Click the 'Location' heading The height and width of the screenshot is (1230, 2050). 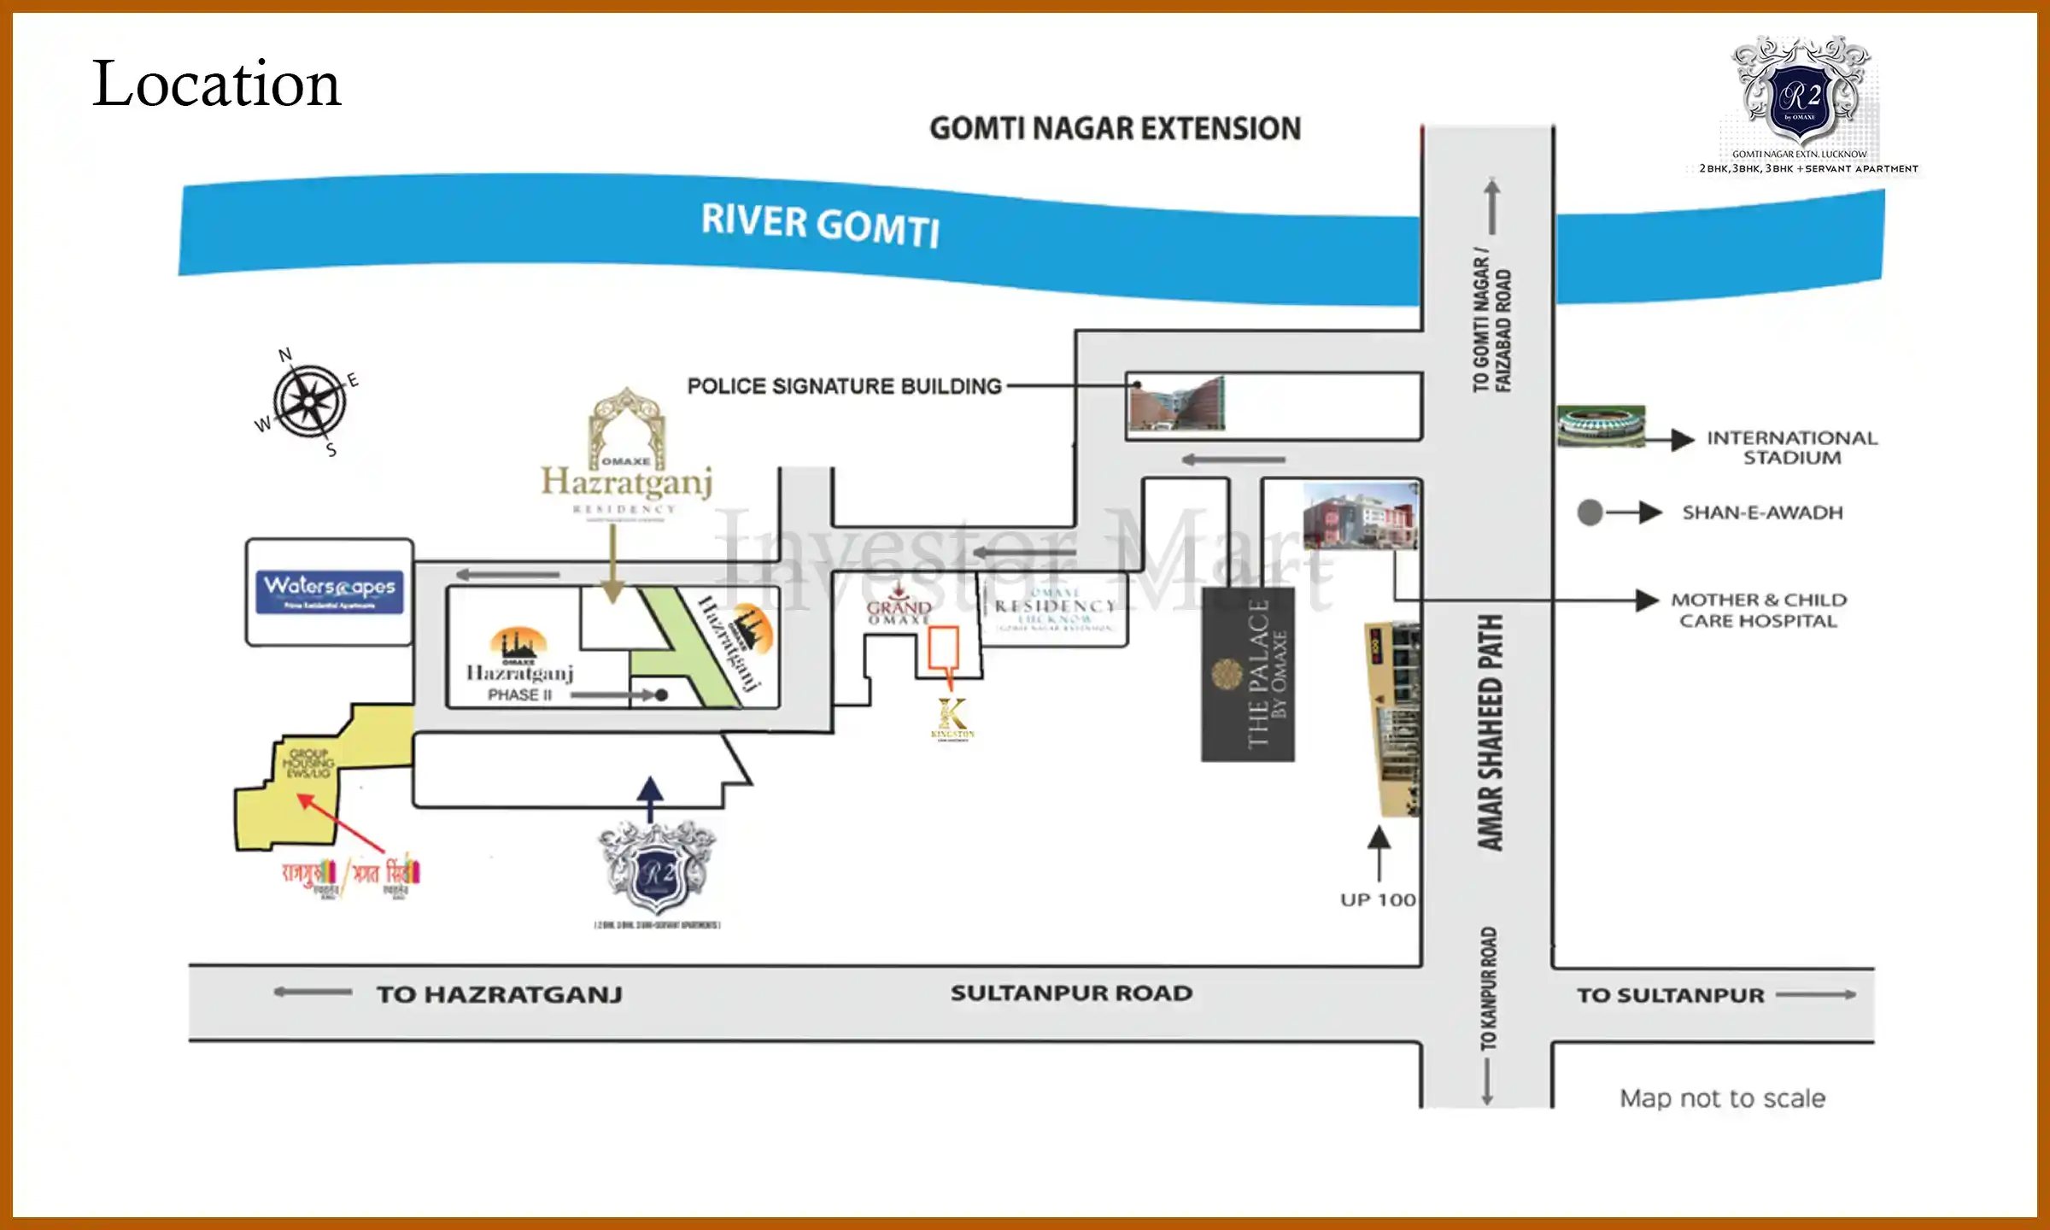217,84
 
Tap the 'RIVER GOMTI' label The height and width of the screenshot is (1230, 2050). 820,224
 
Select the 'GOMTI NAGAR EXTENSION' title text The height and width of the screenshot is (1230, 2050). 1115,129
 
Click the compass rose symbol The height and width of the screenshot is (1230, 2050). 308,401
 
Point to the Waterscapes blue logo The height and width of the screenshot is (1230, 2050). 329,591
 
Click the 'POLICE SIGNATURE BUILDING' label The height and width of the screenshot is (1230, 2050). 844,386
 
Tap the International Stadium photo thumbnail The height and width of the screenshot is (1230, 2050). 1600,425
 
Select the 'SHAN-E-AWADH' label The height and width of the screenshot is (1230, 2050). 1762,512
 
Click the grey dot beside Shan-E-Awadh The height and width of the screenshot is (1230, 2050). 1590,512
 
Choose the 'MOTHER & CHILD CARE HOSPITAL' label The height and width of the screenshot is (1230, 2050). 1758,610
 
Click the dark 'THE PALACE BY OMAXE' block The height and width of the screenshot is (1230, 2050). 1248,674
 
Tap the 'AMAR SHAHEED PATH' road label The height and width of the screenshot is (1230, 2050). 1490,732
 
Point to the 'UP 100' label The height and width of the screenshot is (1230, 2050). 1378,899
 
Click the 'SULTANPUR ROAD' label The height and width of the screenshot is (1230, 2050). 1071,993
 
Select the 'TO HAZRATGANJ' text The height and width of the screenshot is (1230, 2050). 500,994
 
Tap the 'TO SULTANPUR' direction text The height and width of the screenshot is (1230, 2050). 1670,995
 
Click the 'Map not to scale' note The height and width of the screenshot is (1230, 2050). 1722,1098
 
